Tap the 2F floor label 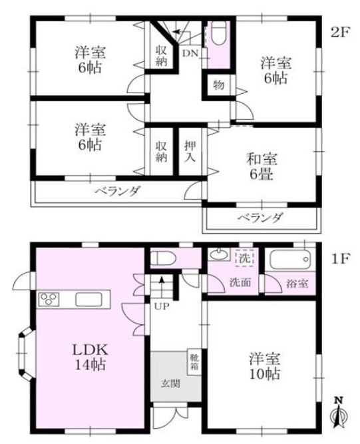point(340,32)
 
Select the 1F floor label point(340,256)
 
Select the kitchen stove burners point(50,299)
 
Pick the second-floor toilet point(220,33)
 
